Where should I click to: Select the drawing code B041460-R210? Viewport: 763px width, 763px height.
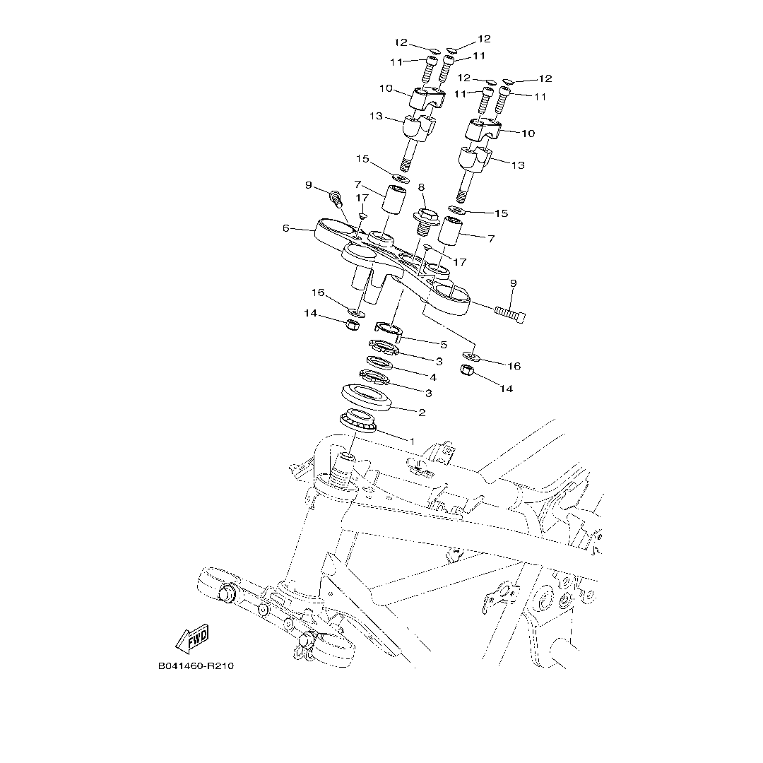pos(196,667)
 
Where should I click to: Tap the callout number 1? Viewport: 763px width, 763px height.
pos(412,440)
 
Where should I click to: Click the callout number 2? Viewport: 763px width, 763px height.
pos(422,412)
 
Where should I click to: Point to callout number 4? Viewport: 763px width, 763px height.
pos(433,377)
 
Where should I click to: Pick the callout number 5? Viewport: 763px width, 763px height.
pos(444,345)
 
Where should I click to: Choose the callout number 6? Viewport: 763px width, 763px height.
pos(285,228)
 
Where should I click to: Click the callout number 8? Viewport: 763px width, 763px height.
pos(422,187)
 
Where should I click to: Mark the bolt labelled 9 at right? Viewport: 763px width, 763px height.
pos(510,313)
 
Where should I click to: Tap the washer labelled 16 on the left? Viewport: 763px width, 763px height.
pos(358,311)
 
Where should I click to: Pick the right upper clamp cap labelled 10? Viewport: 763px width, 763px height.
pos(483,129)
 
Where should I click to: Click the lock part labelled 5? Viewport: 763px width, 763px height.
pos(388,329)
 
